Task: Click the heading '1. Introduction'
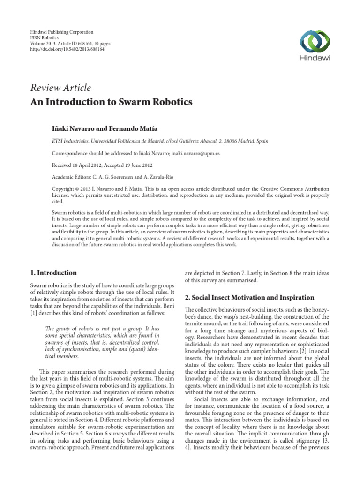(x=54, y=273)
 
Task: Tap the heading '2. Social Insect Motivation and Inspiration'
(x=249, y=298)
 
